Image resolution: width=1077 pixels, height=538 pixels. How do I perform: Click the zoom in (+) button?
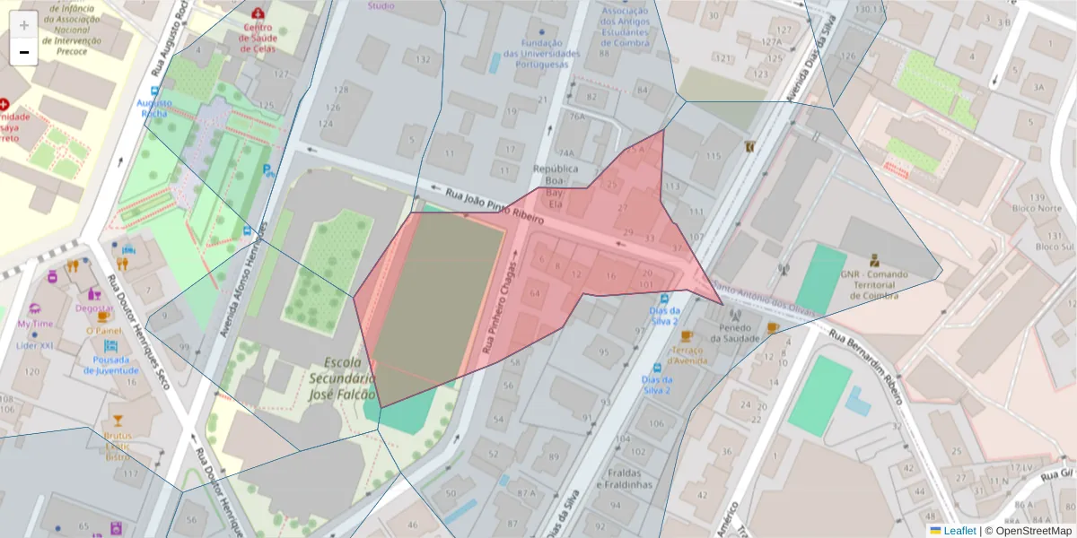(24, 25)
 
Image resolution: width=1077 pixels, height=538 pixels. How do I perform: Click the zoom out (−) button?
(24, 52)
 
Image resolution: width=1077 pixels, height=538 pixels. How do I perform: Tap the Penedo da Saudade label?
(735, 334)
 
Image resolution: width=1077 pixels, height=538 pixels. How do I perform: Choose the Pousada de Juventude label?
(111, 365)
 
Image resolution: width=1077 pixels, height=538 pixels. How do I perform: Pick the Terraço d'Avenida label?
(686, 355)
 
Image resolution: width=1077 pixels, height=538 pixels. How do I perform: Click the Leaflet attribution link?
(959, 531)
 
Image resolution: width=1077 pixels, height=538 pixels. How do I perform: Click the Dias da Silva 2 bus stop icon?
(664, 299)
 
